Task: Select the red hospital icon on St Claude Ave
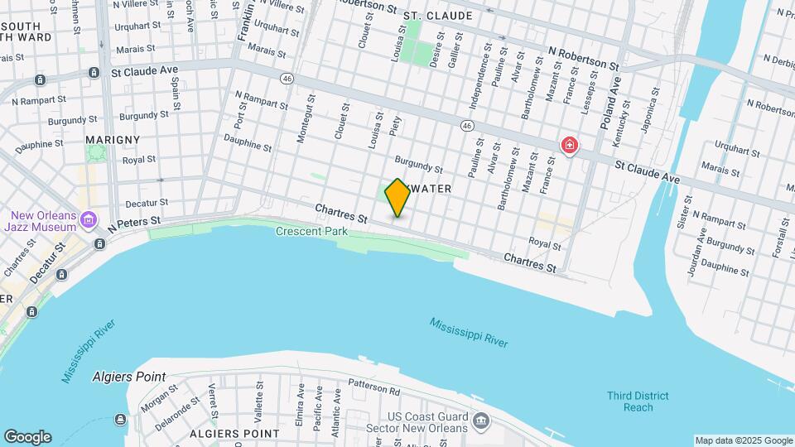[x=569, y=146]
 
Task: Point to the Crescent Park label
[x=311, y=232]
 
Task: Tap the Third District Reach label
[x=638, y=401]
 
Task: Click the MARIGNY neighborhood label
[x=113, y=140]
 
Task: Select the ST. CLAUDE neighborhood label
[x=438, y=16]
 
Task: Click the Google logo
[x=27, y=437]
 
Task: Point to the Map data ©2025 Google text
[x=743, y=440]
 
